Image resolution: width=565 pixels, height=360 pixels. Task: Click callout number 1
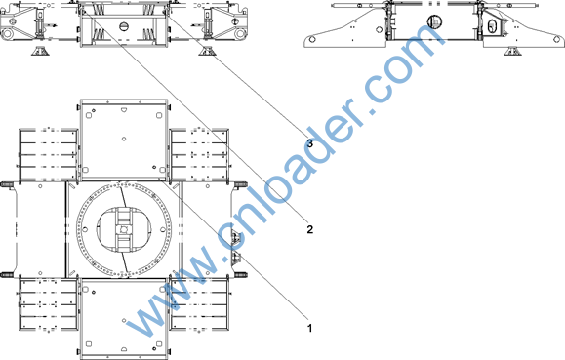pyautogui.click(x=309, y=328)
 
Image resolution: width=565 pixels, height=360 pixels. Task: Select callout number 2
pyautogui.click(x=310, y=229)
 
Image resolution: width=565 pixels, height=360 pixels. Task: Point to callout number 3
pyautogui.click(x=310, y=143)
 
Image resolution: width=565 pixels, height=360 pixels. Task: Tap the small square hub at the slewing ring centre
pyautogui.click(x=124, y=229)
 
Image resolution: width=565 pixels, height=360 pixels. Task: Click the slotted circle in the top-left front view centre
pyautogui.click(x=124, y=26)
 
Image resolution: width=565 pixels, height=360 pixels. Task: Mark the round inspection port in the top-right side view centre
pyautogui.click(x=434, y=22)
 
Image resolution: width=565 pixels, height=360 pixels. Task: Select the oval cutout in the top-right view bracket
pyautogui.click(x=492, y=26)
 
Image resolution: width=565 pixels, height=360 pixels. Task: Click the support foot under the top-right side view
pyautogui.click(x=513, y=51)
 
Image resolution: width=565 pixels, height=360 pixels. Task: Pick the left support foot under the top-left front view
pyautogui.click(x=40, y=51)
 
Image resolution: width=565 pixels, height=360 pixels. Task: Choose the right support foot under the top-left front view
pyautogui.click(x=207, y=51)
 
